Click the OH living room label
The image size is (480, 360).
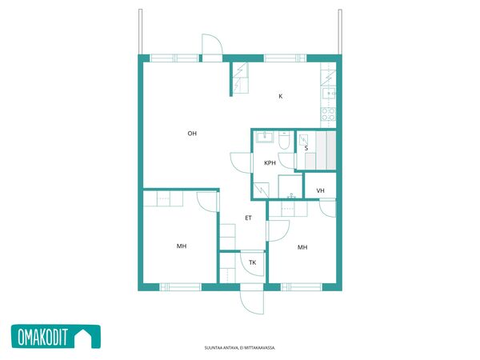tap(192, 133)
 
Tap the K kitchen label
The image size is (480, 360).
tap(281, 96)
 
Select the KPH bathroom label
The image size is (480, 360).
tap(270, 163)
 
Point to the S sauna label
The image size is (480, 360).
tap(306, 148)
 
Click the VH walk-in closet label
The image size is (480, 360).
tap(320, 190)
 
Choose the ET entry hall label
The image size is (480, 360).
tap(248, 218)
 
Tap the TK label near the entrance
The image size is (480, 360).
tap(253, 262)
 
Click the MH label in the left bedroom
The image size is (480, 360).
tap(182, 246)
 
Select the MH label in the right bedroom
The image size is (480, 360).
tap(302, 247)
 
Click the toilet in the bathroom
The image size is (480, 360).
tap(284, 140)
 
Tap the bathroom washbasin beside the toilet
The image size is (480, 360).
tap(265, 137)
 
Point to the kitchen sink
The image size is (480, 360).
tap(329, 93)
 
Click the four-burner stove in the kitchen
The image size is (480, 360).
tap(328, 114)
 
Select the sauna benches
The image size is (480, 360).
tap(326, 150)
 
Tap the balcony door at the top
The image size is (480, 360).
tap(212, 48)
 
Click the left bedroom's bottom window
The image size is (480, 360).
tap(180, 287)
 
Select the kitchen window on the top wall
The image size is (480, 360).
tap(285, 58)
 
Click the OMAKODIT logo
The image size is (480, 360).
tap(56, 337)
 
